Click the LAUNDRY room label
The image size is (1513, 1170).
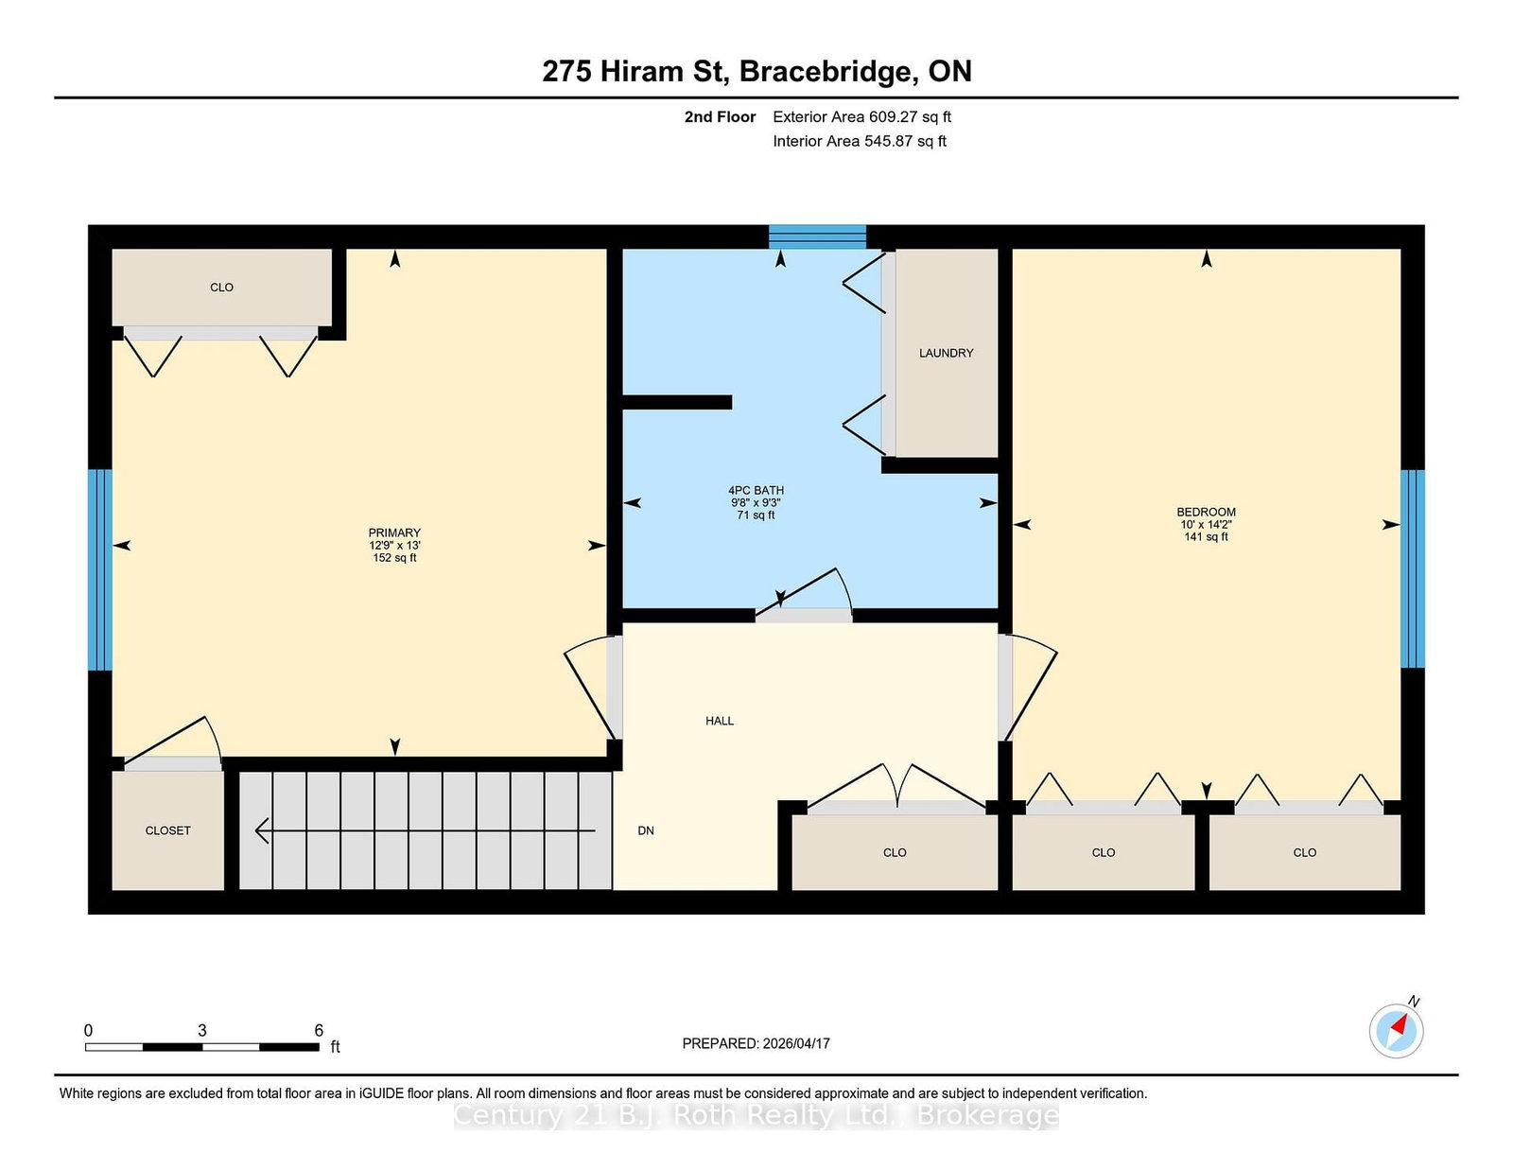[946, 353]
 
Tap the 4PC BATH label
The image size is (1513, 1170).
[756, 490]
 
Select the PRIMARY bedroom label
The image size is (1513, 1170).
[394, 533]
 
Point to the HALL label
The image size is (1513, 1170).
[720, 721]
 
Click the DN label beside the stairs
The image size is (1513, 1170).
[646, 830]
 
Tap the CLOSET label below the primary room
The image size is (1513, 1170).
[167, 830]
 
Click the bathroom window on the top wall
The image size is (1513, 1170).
[817, 236]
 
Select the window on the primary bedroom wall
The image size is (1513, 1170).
[100, 569]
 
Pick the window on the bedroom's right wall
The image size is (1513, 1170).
[1413, 568]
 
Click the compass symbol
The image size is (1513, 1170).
[1396, 1031]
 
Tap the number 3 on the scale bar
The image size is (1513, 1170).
[202, 1030]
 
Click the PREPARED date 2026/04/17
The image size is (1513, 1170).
[796, 1043]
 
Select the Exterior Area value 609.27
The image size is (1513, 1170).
[893, 117]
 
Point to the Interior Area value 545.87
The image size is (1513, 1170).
[889, 141]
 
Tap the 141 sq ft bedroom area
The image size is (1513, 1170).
[1206, 537]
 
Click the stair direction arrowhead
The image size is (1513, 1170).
[263, 830]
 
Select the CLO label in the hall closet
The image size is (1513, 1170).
[895, 852]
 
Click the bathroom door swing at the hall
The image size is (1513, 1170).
[804, 593]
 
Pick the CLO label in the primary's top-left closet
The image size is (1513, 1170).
[221, 288]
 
